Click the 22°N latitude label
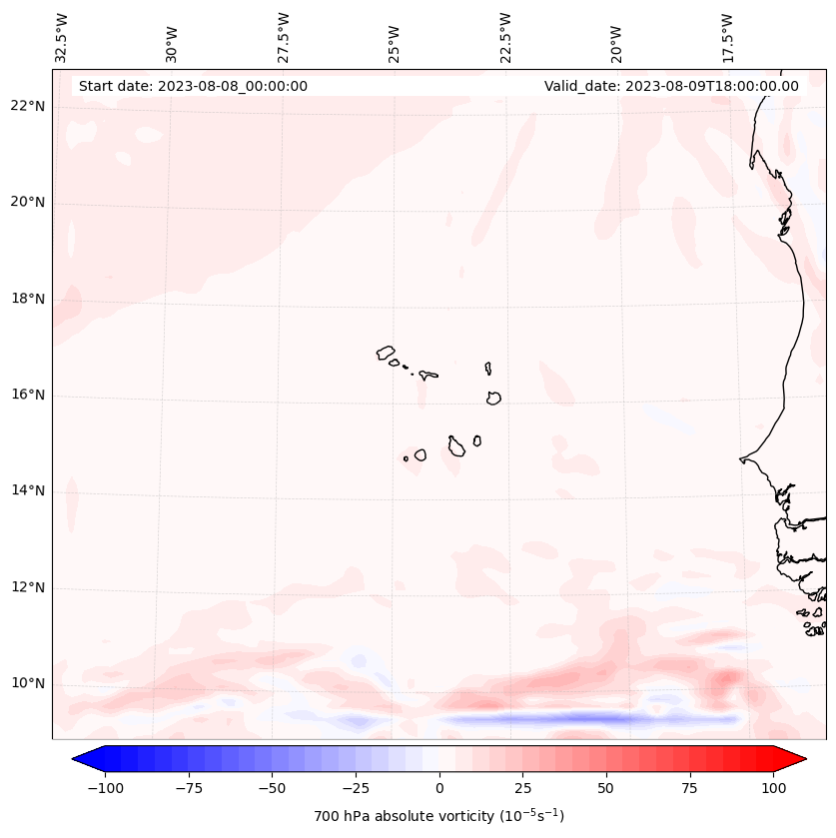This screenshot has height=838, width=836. [x=29, y=107]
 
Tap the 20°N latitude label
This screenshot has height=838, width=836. [x=29, y=203]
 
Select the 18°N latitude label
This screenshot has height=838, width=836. [x=29, y=299]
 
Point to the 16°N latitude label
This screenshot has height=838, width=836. [x=29, y=396]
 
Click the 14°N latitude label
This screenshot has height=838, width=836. [x=29, y=490]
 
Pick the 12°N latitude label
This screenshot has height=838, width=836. [x=29, y=587]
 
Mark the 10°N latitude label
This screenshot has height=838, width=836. [x=29, y=683]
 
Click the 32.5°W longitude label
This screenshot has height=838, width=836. [x=62, y=37]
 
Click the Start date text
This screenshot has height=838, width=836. [x=193, y=86]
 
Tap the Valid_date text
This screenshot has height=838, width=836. [x=671, y=86]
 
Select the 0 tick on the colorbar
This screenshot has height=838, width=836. [x=439, y=788]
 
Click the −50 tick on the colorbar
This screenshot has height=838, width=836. [x=273, y=788]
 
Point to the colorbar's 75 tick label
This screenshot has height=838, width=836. [x=690, y=788]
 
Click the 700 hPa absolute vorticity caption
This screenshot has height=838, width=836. [x=439, y=816]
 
